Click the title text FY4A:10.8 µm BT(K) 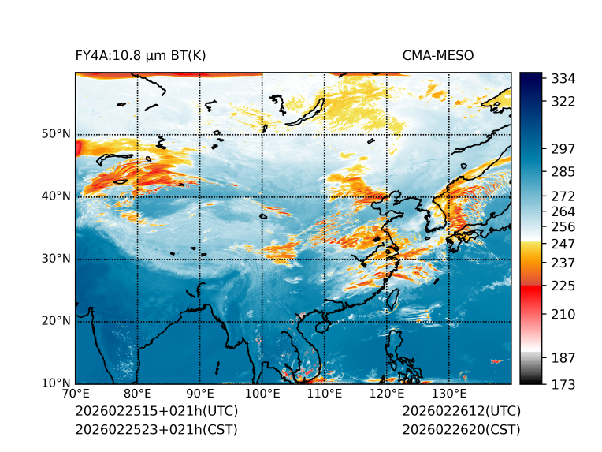click(140, 55)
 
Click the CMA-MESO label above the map click(437, 55)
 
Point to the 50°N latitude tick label click(56, 134)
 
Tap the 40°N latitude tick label click(56, 196)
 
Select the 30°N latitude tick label click(56, 259)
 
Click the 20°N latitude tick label click(56, 321)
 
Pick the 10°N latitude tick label click(56, 383)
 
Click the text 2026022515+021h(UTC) click(156, 412)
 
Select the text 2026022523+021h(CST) click(156, 429)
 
